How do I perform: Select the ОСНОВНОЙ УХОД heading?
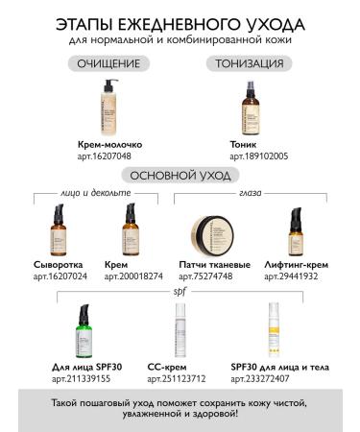[180, 175]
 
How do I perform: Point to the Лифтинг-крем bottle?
[297, 230]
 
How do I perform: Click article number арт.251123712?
[179, 378]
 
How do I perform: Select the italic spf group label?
[180, 290]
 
